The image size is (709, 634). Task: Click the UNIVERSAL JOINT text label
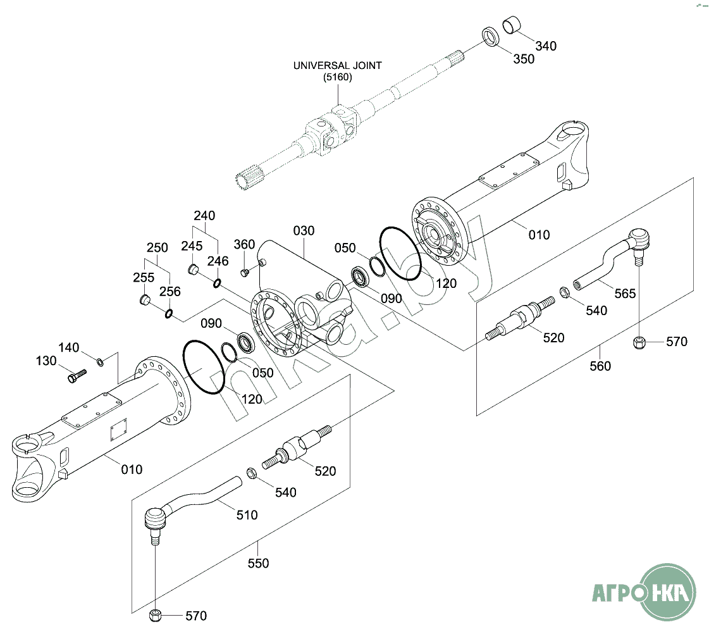click(x=337, y=66)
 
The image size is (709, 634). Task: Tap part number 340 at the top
click(x=546, y=46)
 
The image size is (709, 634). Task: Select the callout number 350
click(x=524, y=59)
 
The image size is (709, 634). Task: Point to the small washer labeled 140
click(x=100, y=362)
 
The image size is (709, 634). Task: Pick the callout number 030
click(x=304, y=231)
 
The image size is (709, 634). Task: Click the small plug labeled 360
click(x=245, y=273)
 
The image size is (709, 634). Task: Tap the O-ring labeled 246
click(x=217, y=283)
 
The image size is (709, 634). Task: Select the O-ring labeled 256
click(x=169, y=313)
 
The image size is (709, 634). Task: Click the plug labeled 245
click(x=193, y=270)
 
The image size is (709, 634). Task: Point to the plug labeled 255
click(x=144, y=300)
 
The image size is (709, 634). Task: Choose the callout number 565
click(x=625, y=294)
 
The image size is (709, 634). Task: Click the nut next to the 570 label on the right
click(x=638, y=342)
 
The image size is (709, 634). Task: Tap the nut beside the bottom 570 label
click(x=155, y=616)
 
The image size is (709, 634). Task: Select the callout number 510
click(x=247, y=515)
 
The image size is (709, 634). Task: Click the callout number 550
click(x=258, y=564)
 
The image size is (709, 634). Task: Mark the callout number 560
click(x=600, y=366)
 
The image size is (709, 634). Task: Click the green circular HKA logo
click(x=669, y=592)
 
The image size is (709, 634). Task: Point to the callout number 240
click(x=204, y=216)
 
